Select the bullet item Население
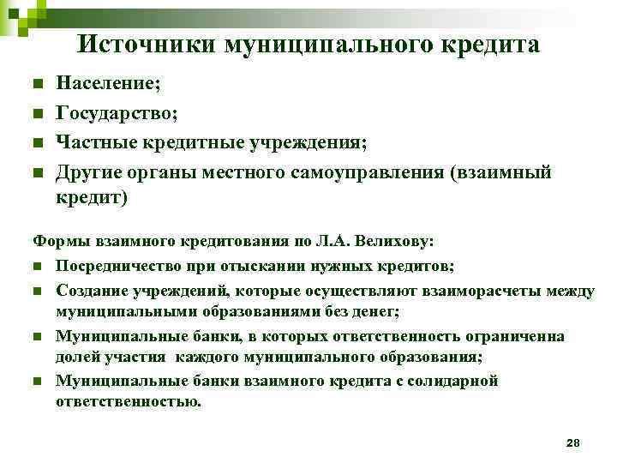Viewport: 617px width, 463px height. [107, 85]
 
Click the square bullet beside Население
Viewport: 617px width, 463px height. [37, 85]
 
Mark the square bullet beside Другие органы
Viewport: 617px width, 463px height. [37, 172]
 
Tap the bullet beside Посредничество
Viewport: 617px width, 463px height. [37, 267]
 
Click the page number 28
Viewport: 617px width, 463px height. [573, 442]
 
